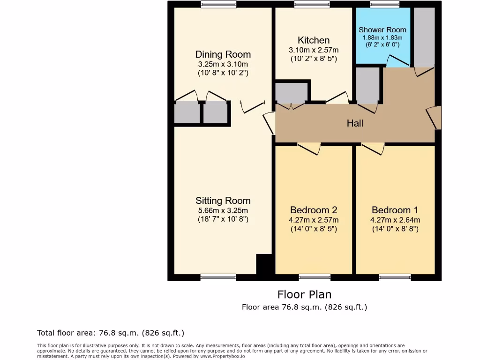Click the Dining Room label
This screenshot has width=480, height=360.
[223, 54]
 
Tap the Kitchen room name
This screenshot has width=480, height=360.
[314, 40]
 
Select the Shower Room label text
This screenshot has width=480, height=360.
[382, 30]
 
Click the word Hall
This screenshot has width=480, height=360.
[355, 123]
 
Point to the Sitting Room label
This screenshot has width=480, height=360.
[223, 201]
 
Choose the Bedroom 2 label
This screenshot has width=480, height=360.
[314, 210]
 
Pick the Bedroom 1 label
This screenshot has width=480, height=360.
[395, 210]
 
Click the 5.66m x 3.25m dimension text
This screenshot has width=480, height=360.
[223, 210]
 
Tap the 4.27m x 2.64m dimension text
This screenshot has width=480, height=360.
[395, 220]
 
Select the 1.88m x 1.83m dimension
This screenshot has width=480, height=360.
[382, 37]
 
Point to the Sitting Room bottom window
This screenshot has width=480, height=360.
[218, 277]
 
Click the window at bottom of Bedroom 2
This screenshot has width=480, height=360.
[315, 277]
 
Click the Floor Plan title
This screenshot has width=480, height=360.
[304, 294]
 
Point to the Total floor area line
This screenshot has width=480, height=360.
[111, 333]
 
